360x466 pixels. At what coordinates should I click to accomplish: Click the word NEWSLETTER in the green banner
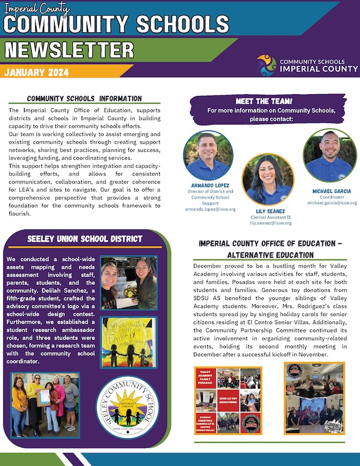point(69,51)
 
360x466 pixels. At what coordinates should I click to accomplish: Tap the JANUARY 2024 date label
point(36,73)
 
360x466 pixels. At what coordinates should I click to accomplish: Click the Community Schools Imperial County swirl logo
point(266,65)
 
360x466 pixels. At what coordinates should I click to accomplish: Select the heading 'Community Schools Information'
point(85,98)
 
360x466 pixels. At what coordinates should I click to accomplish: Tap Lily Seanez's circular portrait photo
point(267,179)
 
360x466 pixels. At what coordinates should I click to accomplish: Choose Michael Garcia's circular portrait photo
point(329,155)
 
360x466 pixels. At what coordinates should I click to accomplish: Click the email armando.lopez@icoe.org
point(210,209)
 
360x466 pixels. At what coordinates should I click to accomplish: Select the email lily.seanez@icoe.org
point(271,223)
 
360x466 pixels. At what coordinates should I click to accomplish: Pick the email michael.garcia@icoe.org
point(332,202)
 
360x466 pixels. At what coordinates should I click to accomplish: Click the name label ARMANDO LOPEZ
point(209,185)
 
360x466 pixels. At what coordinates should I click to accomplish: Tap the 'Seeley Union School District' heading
point(85,239)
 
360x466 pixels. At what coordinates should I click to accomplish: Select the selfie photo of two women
point(128,282)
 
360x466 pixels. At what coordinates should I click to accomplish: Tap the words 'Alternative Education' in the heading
point(270,255)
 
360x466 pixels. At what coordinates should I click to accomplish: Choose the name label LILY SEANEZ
point(271,210)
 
